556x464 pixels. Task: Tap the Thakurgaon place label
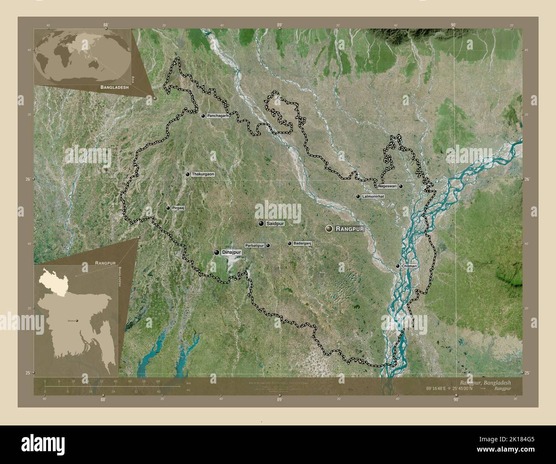(x=203, y=174)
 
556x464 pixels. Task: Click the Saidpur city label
(x=275, y=223)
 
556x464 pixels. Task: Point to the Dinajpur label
(x=232, y=253)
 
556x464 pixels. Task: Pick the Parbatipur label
(x=254, y=246)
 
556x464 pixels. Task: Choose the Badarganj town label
(x=302, y=244)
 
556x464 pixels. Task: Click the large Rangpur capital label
(x=349, y=229)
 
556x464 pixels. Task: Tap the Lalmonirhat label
(x=373, y=196)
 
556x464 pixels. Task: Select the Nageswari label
(x=387, y=186)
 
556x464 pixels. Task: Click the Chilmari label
(x=409, y=266)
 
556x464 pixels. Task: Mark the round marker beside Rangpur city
(x=329, y=229)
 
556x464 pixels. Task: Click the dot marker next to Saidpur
(x=260, y=223)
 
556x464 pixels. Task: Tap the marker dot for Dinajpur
(x=217, y=253)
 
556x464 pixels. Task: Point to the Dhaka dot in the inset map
(x=77, y=320)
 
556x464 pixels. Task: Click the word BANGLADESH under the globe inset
(x=115, y=87)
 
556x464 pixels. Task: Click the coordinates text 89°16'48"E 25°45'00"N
(x=449, y=389)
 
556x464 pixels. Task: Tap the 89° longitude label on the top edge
(x=279, y=25)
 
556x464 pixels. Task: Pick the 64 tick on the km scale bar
(x=157, y=381)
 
